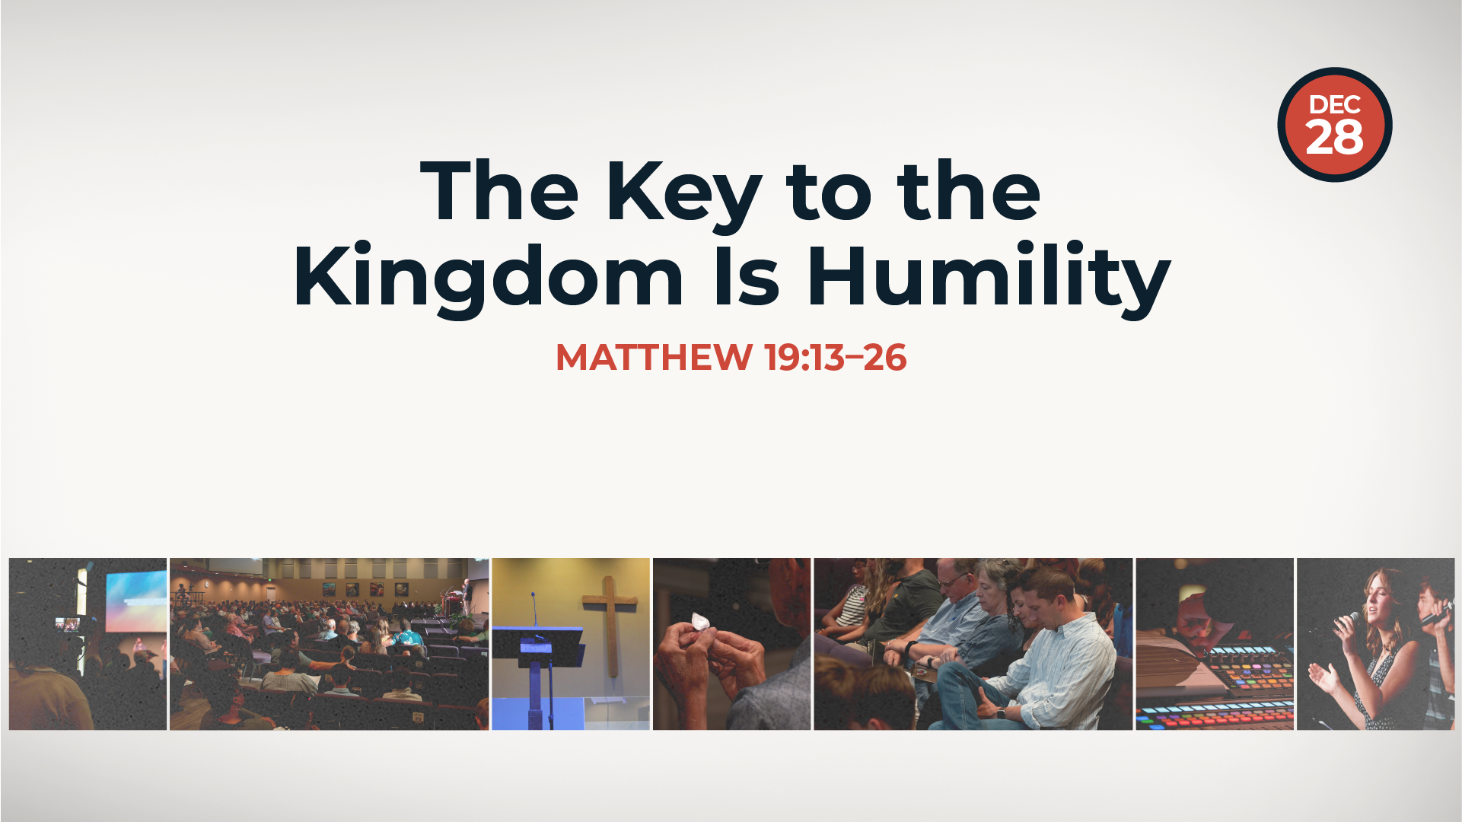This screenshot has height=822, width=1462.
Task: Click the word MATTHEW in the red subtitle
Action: [x=654, y=357]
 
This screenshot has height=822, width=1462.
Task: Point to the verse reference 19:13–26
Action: [x=836, y=357]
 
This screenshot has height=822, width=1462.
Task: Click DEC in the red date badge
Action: [x=1334, y=105]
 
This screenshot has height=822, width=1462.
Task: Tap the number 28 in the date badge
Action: [x=1334, y=138]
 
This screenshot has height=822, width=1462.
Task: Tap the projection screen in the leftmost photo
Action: [x=135, y=601]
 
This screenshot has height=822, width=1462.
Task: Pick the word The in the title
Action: [x=499, y=191]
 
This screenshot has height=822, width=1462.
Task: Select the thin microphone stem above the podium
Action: [x=534, y=609]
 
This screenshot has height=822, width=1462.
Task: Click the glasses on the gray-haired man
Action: [x=954, y=581]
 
